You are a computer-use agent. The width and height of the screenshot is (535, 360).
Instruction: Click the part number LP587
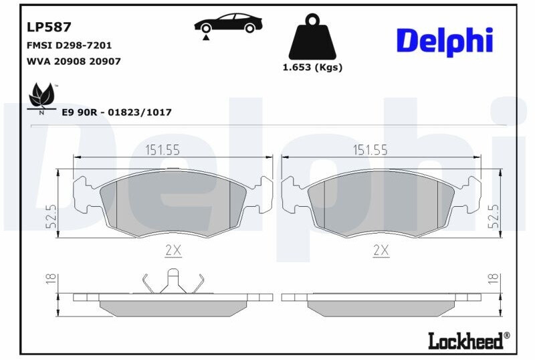(x=49, y=27)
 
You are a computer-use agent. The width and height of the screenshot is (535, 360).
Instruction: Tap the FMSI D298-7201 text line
(x=69, y=46)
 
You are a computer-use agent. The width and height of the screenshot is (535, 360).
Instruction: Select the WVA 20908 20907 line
(x=74, y=62)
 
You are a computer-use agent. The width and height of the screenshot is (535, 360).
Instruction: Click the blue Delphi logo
(x=445, y=41)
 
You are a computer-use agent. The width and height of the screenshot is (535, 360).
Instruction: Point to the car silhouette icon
(x=228, y=23)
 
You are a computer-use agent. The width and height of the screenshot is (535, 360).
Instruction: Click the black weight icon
(x=312, y=37)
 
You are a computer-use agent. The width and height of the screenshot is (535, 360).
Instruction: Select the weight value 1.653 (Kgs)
(x=312, y=68)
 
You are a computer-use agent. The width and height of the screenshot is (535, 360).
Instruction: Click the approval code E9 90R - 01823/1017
(x=116, y=112)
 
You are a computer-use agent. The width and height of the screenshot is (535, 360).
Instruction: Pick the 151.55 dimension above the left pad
(x=163, y=150)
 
